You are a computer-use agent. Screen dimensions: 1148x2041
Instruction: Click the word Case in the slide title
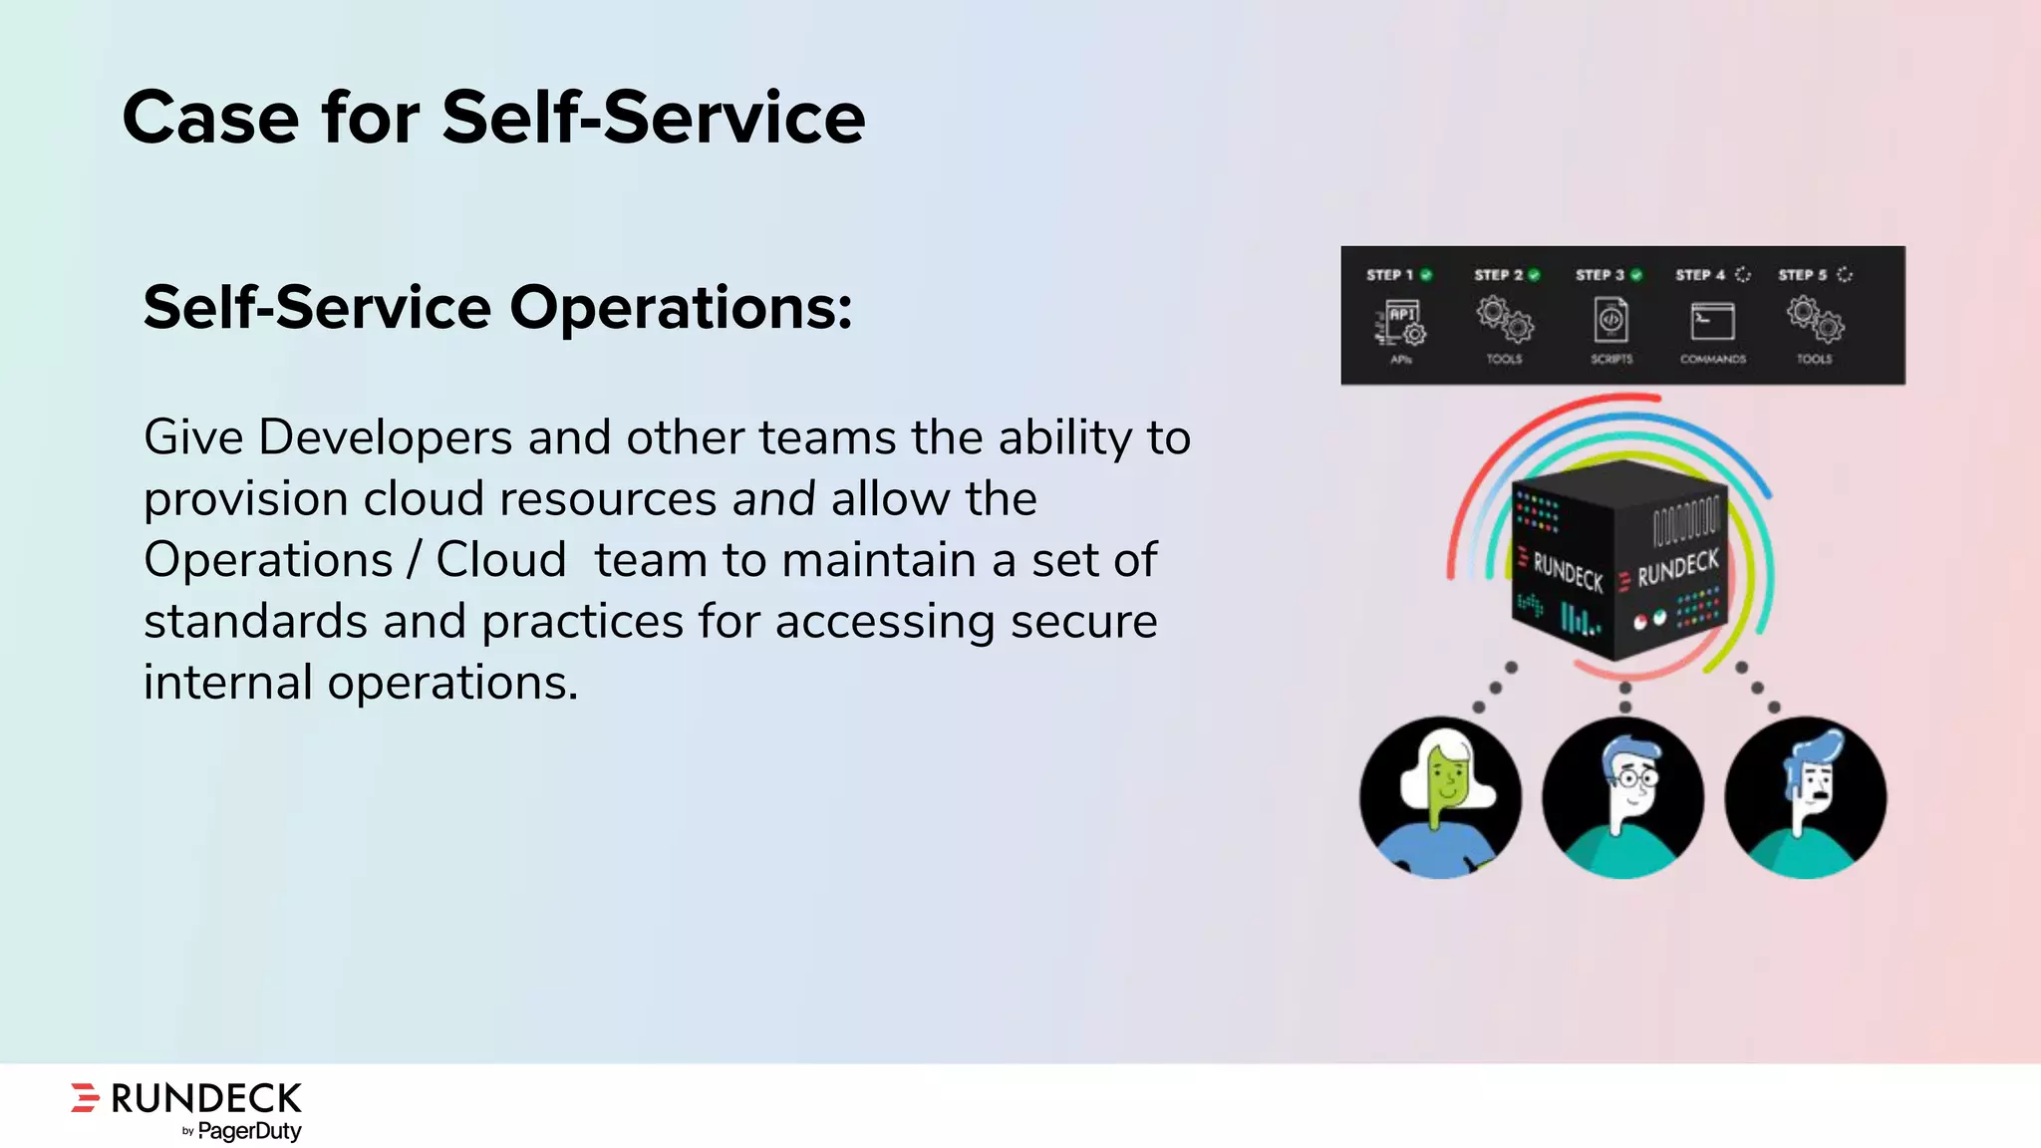click(210, 118)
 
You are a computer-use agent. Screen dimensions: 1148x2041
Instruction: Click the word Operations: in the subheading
click(681, 307)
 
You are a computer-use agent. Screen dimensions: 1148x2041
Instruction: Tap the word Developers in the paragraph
click(385, 437)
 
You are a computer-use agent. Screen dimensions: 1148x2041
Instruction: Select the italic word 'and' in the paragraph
click(773, 498)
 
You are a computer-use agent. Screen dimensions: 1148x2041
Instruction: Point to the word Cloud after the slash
click(500, 560)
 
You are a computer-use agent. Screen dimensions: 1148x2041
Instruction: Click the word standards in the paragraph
click(255, 622)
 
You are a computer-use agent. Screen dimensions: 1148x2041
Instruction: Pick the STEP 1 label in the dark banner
click(1389, 275)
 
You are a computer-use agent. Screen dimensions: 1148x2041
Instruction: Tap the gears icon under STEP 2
click(1505, 319)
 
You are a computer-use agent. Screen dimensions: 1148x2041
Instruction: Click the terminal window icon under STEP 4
click(1712, 322)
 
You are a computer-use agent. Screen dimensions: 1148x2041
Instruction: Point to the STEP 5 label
click(1802, 275)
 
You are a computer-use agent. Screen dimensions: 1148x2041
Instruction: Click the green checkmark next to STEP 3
click(1636, 275)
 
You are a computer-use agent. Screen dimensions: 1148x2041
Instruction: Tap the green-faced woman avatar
click(1440, 797)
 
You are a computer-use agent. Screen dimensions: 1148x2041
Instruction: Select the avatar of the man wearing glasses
click(1622, 797)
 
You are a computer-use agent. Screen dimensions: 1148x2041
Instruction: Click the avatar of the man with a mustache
click(1805, 797)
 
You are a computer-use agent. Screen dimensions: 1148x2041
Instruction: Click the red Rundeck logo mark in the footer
click(86, 1097)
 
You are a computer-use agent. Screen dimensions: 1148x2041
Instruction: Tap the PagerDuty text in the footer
click(249, 1131)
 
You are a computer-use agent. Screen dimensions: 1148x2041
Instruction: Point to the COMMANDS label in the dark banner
click(1712, 359)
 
